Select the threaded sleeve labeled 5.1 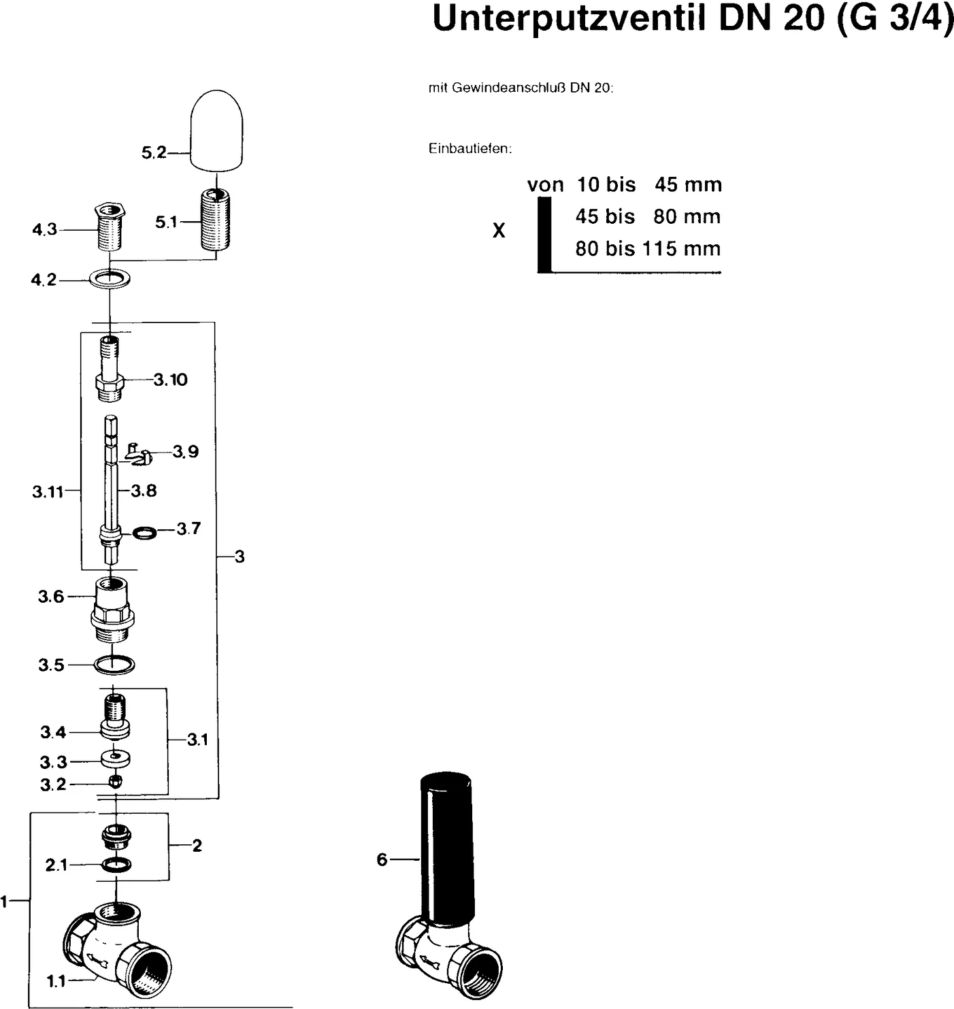click(x=216, y=220)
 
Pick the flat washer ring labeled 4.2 click(x=110, y=279)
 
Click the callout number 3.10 click(x=170, y=380)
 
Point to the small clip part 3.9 click(x=139, y=454)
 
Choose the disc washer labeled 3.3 click(x=115, y=757)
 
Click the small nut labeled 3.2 click(x=116, y=782)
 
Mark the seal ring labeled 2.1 click(x=116, y=865)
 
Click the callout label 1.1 click(x=56, y=981)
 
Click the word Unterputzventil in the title click(x=569, y=18)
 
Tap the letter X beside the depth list click(x=499, y=231)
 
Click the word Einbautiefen click(x=470, y=149)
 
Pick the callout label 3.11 click(x=48, y=492)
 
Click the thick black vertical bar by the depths click(x=544, y=235)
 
